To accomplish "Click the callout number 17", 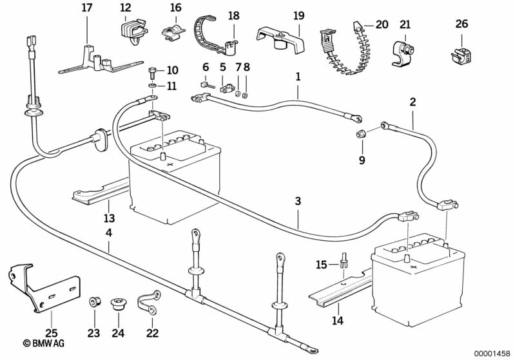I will pos(87,8).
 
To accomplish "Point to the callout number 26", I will pos(461,24).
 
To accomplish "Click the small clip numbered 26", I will pos(462,55).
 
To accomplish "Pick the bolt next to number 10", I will pos(152,70).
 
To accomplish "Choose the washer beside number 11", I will pos(151,85).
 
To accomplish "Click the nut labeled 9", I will pos(362,135).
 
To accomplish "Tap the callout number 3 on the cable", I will pos(298,202).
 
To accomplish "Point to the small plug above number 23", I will pos(94,301).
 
